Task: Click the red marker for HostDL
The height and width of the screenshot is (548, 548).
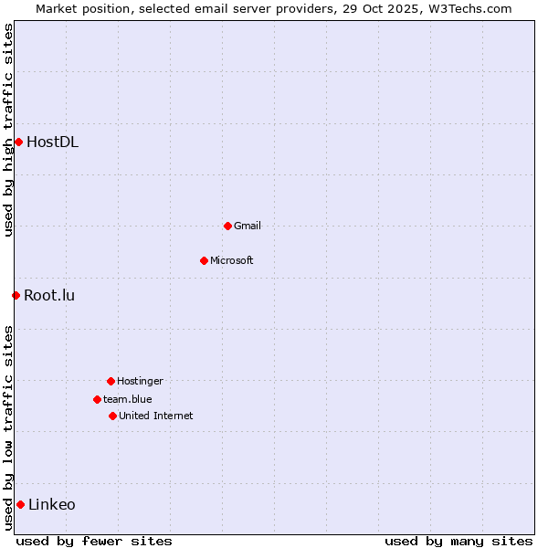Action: click(x=18, y=142)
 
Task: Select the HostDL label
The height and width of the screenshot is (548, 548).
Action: click(x=52, y=142)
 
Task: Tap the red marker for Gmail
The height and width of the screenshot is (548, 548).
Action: click(x=227, y=226)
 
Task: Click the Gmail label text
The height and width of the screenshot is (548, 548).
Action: click(x=247, y=226)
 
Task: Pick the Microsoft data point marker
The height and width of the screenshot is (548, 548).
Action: click(x=204, y=260)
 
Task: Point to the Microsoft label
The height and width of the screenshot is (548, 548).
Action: click(x=231, y=260)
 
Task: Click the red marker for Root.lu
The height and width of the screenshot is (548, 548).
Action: click(x=16, y=295)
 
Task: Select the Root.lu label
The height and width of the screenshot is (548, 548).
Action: click(x=49, y=295)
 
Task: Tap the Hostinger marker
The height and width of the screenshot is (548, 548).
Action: click(x=111, y=381)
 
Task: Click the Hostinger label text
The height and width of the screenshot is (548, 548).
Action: click(x=140, y=381)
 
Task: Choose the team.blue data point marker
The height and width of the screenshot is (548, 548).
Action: click(x=97, y=399)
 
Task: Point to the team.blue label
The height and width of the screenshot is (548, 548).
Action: click(x=127, y=399)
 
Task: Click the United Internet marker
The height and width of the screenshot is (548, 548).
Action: click(x=112, y=416)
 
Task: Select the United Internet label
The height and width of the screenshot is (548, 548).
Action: click(x=155, y=416)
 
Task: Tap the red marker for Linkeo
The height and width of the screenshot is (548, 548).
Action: click(x=20, y=504)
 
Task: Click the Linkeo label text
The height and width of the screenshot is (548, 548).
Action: click(x=52, y=504)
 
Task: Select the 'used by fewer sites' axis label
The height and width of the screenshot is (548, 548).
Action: click(x=94, y=541)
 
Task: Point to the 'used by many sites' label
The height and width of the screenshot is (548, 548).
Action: click(x=458, y=541)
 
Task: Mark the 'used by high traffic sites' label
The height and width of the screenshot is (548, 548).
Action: click(x=8, y=130)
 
